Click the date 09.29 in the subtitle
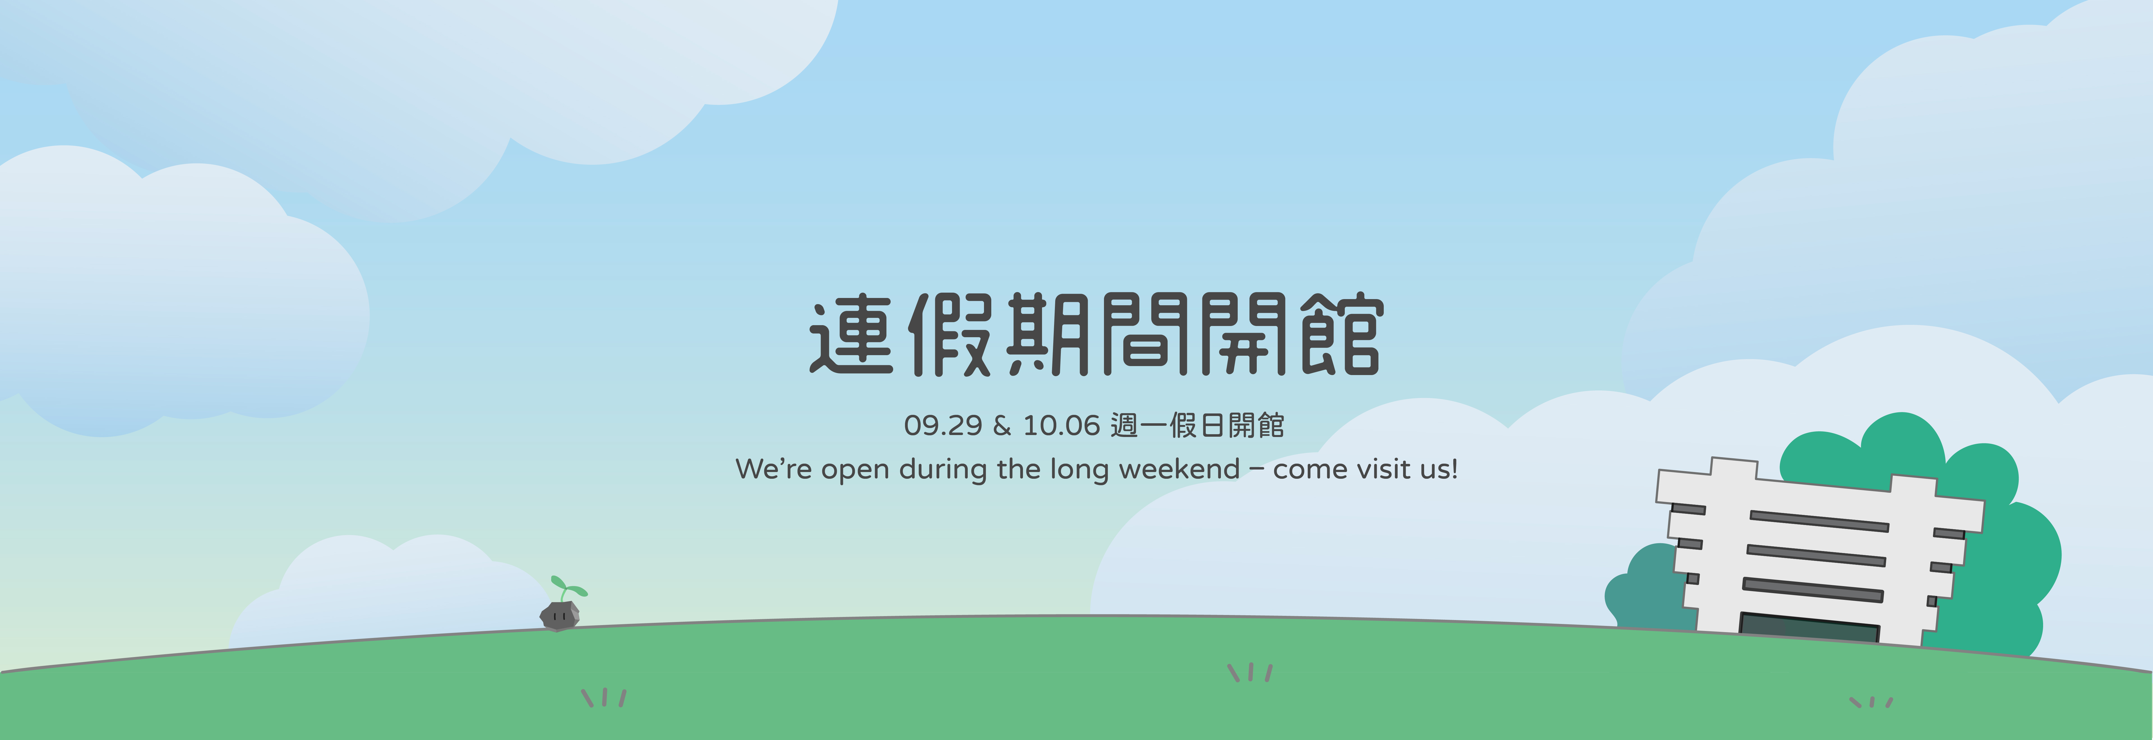click(943, 426)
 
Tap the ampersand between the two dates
click(1002, 426)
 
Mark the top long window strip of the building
click(1819, 521)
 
